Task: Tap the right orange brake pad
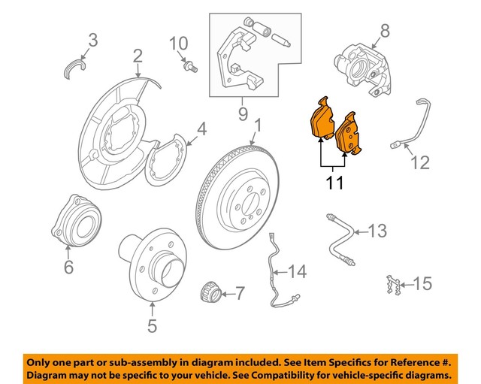349,136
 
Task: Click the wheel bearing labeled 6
74,220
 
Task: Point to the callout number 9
242,115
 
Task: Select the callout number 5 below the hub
151,326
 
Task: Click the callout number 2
138,56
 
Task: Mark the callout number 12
420,161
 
